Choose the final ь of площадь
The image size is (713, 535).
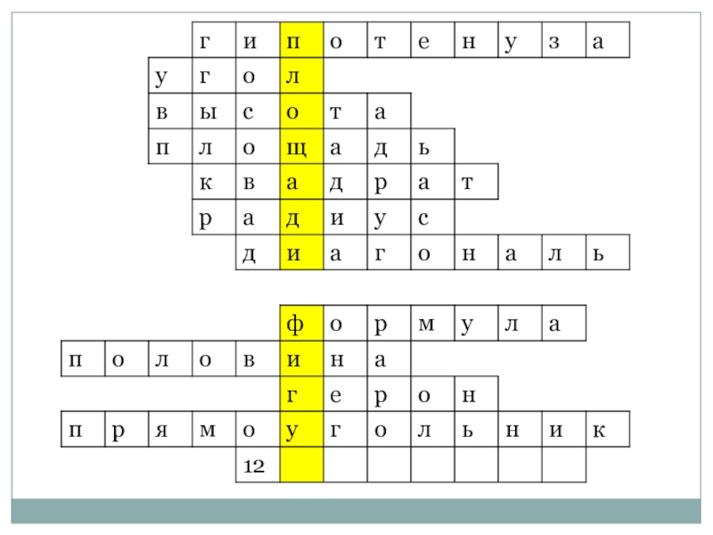tap(423, 146)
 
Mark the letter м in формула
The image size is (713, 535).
tap(423, 323)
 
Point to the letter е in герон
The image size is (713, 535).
tap(337, 393)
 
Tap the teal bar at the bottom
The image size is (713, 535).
tap(356, 510)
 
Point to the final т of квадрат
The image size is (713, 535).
tap(467, 182)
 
